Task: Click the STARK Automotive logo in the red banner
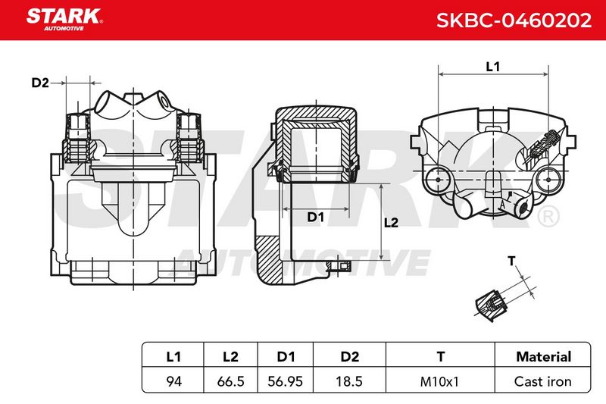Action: point(64,20)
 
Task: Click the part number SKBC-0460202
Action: point(514,20)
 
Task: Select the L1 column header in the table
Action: point(173,356)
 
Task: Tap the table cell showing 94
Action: point(173,381)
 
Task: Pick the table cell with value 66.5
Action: point(231,381)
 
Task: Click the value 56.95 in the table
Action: point(286,381)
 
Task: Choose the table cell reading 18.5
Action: point(349,381)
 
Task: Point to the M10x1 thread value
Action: point(439,381)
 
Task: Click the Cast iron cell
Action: point(542,381)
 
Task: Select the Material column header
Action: point(543,356)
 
